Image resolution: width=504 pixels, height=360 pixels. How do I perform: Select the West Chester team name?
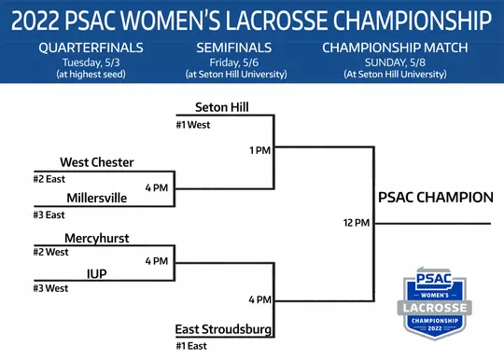click(97, 162)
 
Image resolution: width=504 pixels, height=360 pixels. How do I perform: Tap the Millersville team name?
click(102, 198)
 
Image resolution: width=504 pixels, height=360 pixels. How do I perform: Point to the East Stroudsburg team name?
click(224, 330)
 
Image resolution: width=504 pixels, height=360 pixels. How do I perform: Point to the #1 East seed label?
click(191, 347)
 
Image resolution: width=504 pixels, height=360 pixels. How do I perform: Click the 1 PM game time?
click(259, 149)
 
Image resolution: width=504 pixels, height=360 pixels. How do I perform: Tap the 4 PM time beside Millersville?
click(157, 187)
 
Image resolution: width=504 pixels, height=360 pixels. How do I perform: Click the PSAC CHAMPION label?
click(436, 197)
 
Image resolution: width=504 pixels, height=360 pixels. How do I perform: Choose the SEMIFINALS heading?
click(234, 47)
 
